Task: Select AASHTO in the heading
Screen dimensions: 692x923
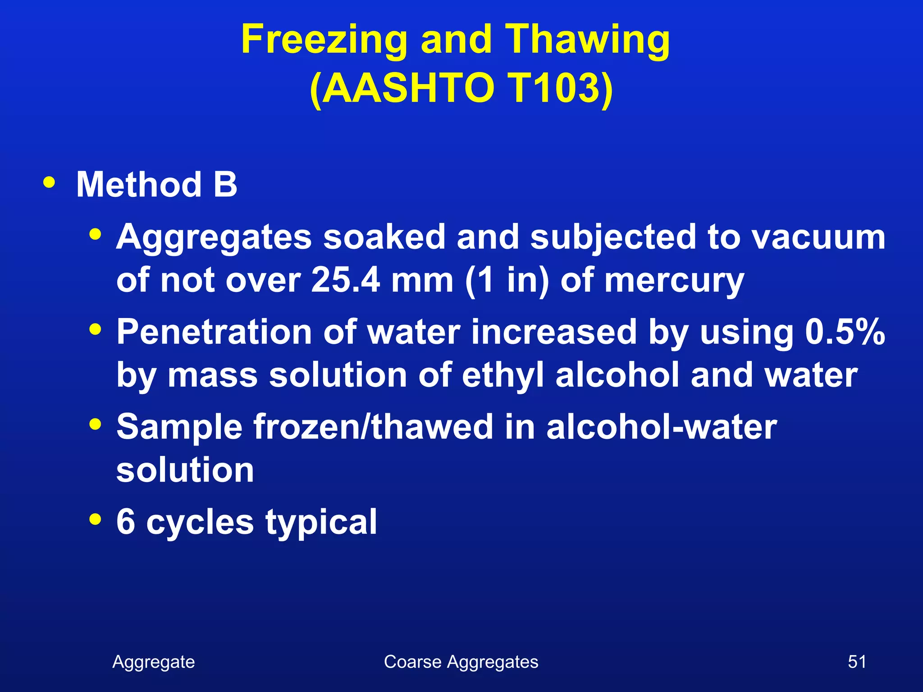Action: tap(408, 88)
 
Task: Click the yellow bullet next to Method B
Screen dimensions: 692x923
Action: tap(49, 183)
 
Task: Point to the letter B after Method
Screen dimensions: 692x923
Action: tap(225, 185)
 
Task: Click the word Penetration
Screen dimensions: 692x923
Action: tap(214, 332)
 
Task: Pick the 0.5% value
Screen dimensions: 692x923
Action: tap(845, 332)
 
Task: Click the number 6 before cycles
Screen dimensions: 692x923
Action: tap(126, 522)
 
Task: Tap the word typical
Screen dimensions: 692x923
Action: tap(321, 523)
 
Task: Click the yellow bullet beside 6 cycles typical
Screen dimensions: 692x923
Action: tap(95, 519)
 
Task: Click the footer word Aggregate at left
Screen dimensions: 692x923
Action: tap(154, 662)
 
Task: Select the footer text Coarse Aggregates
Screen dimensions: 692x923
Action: tap(461, 662)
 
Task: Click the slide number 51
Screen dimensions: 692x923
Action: tap(857, 662)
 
